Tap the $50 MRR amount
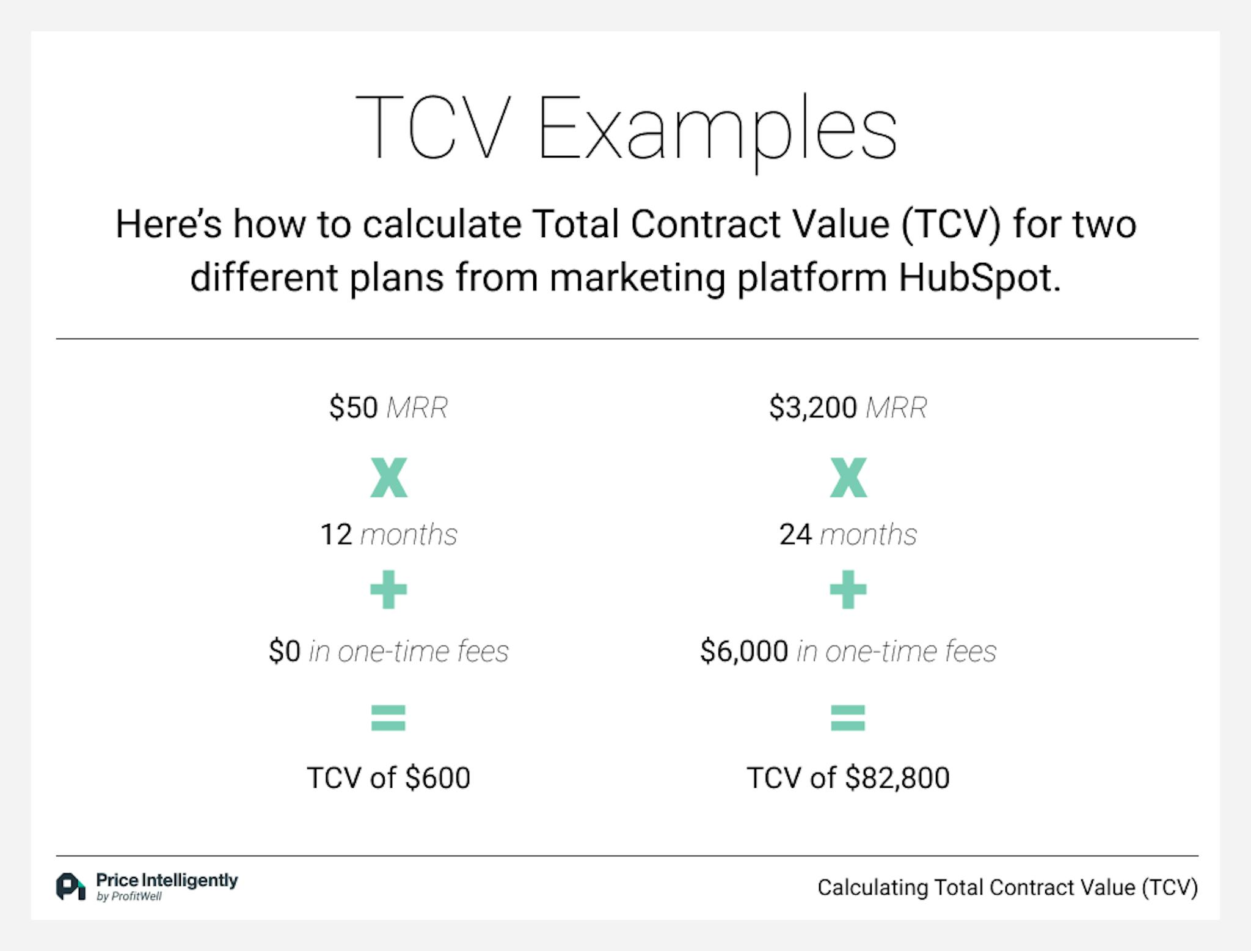[x=354, y=408]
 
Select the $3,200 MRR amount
[x=813, y=408]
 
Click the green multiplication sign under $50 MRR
[x=388, y=477]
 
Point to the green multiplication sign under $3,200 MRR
[x=848, y=477]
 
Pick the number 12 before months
[x=336, y=535]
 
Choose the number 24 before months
[x=795, y=535]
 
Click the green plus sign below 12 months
[x=388, y=590]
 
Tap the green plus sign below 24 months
[x=848, y=590]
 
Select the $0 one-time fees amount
[x=285, y=651]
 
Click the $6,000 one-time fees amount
[x=744, y=651]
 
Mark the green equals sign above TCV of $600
[x=388, y=718]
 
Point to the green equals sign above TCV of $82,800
[x=848, y=718]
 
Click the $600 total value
[x=437, y=778]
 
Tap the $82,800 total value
[x=897, y=778]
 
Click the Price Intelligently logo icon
[x=71, y=887]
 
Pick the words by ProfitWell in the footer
[x=129, y=897]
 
